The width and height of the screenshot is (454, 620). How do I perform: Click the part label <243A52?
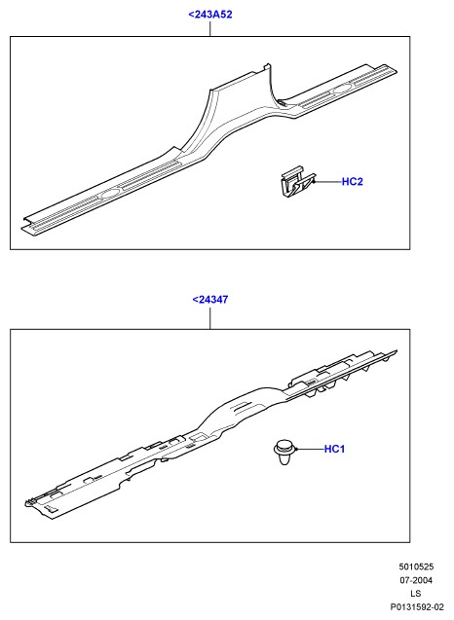click(209, 15)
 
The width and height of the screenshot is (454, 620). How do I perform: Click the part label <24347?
click(210, 300)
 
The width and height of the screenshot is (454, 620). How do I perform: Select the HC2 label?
click(353, 181)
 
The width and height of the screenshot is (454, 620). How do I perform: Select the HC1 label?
click(334, 449)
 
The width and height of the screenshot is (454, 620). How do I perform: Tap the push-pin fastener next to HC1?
click(284, 452)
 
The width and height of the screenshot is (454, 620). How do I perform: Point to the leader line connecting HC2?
click(327, 182)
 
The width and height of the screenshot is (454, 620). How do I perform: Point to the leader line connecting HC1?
click(310, 450)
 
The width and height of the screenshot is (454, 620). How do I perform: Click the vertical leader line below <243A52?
click(210, 29)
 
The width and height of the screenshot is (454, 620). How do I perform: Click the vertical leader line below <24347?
click(210, 318)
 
